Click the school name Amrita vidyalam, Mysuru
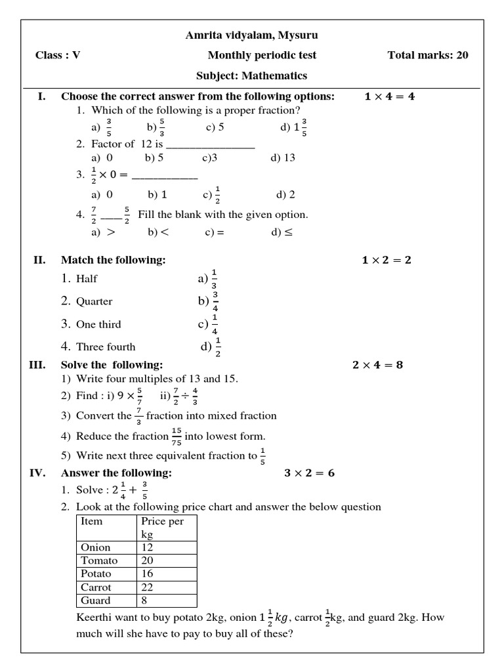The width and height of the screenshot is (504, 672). pyautogui.click(x=251, y=35)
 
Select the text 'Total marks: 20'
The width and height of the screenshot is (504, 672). pyautogui.click(x=428, y=55)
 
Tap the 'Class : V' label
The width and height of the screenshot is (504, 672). pyautogui.click(x=58, y=55)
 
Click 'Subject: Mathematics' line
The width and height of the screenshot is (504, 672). pyautogui.click(x=251, y=75)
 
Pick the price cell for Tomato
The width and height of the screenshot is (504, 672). pyautogui.click(x=167, y=560)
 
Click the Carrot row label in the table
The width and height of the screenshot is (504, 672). pyautogui.click(x=96, y=587)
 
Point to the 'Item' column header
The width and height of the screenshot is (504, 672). pyautogui.click(x=92, y=522)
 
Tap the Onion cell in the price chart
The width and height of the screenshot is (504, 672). pyautogui.click(x=96, y=547)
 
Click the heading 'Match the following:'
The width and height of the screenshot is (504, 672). pyautogui.click(x=114, y=261)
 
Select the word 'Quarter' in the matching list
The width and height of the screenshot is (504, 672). pyautogui.click(x=94, y=302)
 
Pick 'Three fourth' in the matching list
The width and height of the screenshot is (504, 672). pyautogui.click(x=106, y=347)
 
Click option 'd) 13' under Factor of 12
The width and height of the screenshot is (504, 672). pyautogui.click(x=283, y=158)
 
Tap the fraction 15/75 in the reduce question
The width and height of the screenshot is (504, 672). pyautogui.click(x=177, y=436)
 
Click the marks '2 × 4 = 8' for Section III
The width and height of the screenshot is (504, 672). pyautogui.click(x=377, y=365)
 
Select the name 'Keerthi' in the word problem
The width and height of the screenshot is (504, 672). pyautogui.click(x=93, y=618)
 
